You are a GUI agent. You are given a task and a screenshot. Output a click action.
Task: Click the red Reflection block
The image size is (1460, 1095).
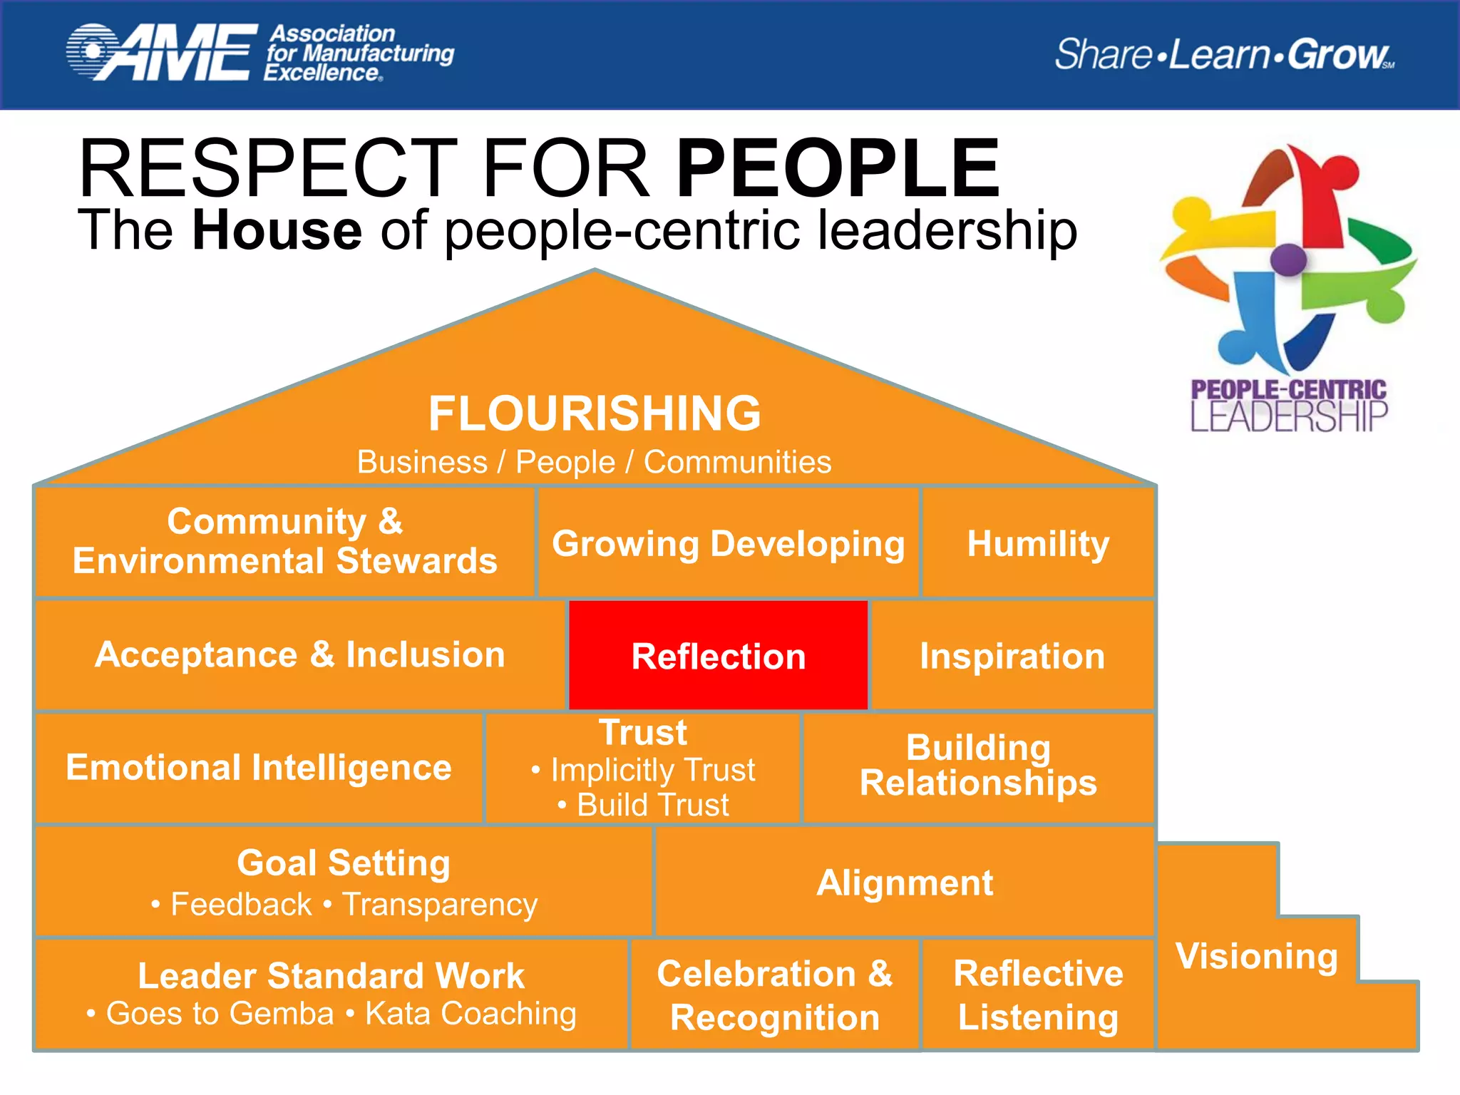point(718,655)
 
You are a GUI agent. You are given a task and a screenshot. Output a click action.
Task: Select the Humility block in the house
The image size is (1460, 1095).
point(1038,543)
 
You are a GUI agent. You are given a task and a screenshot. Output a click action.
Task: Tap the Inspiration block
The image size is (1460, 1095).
point(1012,655)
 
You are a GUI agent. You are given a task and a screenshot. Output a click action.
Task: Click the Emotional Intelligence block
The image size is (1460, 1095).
point(259,768)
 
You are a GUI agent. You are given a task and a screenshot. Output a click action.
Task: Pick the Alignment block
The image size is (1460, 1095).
point(904,882)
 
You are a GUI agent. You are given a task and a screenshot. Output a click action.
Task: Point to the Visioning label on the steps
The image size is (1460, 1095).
point(1257,956)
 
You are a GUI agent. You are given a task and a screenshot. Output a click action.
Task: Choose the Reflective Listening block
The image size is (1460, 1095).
point(1038,994)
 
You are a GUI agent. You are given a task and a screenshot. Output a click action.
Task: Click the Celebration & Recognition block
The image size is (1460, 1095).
point(775,994)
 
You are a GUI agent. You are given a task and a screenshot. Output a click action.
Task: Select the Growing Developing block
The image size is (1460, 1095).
point(728,543)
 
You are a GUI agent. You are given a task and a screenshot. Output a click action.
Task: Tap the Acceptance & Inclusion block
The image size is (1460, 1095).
point(300,654)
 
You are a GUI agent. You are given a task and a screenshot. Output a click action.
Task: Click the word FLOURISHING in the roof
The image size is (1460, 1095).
point(595,413)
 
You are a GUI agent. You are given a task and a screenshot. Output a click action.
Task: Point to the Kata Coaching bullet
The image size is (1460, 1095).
point(471,1014)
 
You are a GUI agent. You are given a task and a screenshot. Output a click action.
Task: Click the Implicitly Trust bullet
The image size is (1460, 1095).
point(652,770)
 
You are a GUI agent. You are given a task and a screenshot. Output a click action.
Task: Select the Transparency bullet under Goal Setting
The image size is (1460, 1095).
point(440,905)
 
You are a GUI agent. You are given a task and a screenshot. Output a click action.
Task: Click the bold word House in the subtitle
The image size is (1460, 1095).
point(277,230)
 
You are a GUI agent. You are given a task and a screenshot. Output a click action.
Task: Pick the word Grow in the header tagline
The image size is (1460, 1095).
point(1337,54)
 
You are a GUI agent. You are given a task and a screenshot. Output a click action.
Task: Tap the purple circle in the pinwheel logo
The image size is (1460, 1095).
point(1288,259)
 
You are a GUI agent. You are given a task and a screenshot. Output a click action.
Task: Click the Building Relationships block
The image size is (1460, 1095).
point(978,766)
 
